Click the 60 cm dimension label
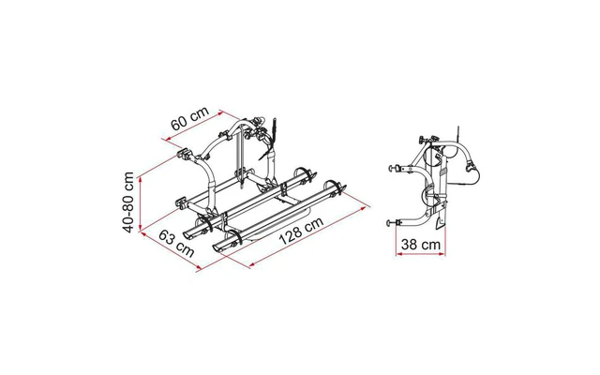[189, 118]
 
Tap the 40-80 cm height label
[128, 202]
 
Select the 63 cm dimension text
[176, 244]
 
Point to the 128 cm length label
[302, 231]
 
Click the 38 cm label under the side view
[421, 244]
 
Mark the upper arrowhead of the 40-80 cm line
[141, 180]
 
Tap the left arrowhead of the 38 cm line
[398, 254]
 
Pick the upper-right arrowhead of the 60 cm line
[218, 112]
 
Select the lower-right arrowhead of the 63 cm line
[198, 269]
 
